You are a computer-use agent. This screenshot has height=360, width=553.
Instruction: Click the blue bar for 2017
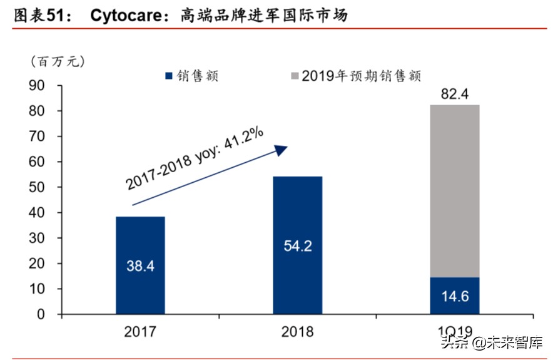[x=140, y=288]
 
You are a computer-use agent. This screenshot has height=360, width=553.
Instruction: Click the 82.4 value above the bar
[x=455, y=95]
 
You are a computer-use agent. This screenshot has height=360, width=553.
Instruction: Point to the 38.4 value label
[x=140, y=265]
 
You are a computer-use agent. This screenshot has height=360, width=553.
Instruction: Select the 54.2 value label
[x=297, y=245]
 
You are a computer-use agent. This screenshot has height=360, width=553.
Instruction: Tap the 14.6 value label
[x=455, y=296]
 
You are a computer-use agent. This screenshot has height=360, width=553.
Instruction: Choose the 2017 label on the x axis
[x=140, y=331]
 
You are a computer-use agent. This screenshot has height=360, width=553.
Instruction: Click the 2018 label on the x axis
[x=297, y=331]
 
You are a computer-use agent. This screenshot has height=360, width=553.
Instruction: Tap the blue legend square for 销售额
[x=168, y=76]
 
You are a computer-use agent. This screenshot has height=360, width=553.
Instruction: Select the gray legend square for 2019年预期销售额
[x=295, y=76]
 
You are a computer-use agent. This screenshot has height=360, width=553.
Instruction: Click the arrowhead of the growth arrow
[x=281, y=150]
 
